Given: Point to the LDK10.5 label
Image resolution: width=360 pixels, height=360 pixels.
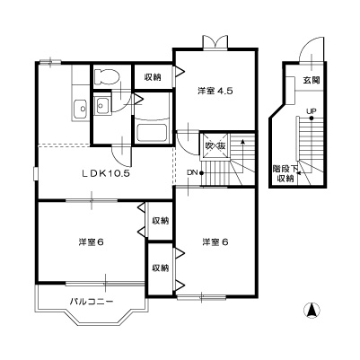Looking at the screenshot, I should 107,173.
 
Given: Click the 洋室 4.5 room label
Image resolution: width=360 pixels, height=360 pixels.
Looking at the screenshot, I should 215,90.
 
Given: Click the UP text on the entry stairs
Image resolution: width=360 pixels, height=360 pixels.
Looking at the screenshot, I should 311,111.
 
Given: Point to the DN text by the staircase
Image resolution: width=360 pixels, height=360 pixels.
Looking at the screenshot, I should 191,172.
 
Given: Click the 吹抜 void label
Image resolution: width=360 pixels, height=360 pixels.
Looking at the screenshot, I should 215,146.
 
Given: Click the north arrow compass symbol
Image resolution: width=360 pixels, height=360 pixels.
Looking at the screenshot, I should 312,312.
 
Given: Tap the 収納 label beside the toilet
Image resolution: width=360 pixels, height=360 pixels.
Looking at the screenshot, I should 153,77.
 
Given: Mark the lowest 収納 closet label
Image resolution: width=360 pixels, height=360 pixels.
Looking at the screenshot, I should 159,268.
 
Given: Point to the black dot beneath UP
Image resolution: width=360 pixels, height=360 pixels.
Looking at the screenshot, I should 311,119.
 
